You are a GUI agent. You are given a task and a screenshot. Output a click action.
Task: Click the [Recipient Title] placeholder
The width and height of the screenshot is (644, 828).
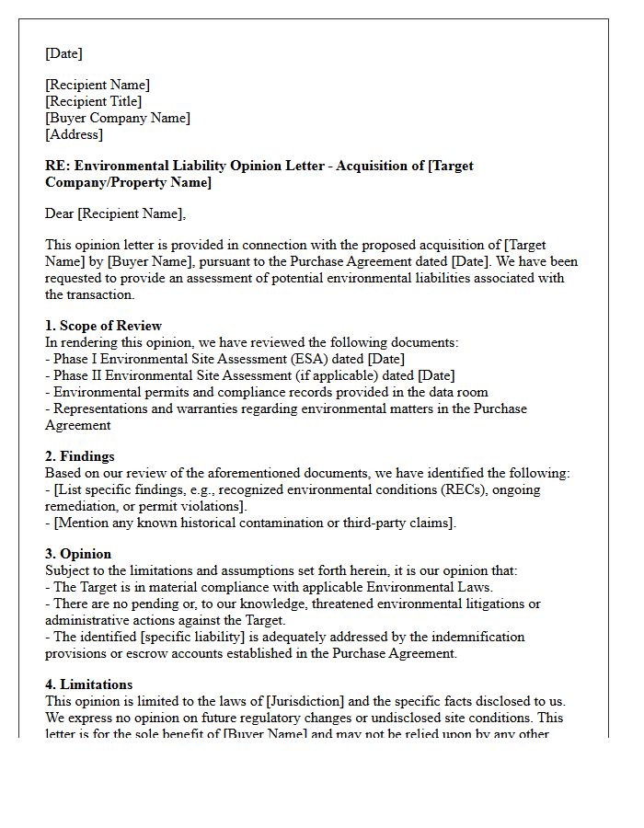[x=94, y=101]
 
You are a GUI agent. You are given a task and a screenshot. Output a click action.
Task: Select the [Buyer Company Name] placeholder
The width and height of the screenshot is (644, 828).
[x=118, y=118]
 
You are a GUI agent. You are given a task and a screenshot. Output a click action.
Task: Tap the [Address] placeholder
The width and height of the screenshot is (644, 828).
[x=75, y=134]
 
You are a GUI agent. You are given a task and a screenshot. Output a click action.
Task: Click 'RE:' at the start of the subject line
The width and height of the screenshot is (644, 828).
[x=56, y=166]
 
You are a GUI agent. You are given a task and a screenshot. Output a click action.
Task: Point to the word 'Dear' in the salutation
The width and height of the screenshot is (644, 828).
[x=60, y=213]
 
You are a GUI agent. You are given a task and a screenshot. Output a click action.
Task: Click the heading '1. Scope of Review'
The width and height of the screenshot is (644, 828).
[x=103, y=326]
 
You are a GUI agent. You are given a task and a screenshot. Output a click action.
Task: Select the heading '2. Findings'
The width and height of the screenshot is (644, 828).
[x=80, y=456]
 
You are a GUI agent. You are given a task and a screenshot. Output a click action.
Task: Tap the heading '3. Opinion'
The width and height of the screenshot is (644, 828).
[x=78, y=554]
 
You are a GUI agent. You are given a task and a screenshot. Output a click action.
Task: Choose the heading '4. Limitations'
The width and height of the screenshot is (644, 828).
[x=88, y=684]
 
